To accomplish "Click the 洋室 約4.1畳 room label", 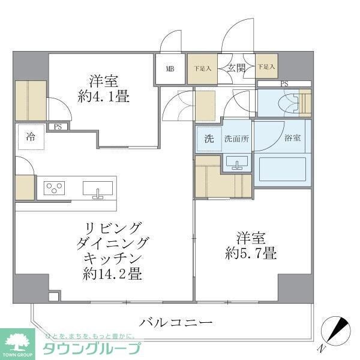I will (x=103, y=88).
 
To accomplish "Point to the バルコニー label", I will (x=176, y=323).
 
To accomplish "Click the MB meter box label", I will (x=171, y=68).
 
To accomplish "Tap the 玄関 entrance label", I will (x=235, y=68).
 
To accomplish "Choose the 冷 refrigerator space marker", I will (x=30, y=136).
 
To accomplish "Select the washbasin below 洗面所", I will (x=238, y=162).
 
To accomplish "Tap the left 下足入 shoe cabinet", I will (x=202, y=68).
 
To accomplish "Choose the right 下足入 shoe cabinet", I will (x=266, y=67).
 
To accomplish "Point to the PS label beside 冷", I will (x=58, y=127).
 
